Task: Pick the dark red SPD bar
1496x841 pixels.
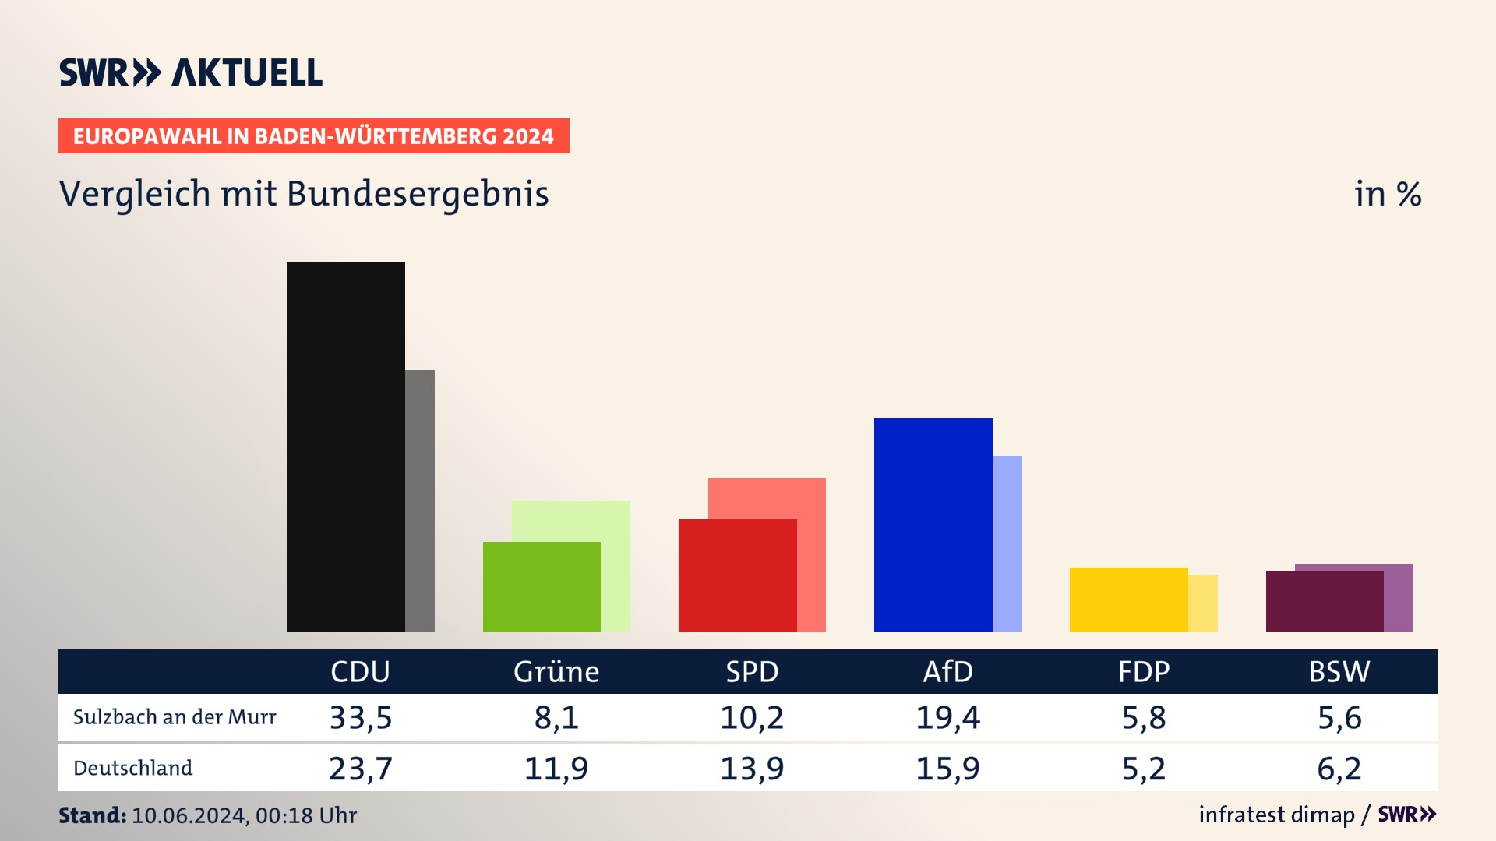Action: pyautogui.click(x=737, y=575)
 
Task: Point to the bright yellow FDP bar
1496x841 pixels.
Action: pyautogui.click(x=1128, y=600)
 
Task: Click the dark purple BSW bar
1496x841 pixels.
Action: pyautogui.click(x=1324, y=601)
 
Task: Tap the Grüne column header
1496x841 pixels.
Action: pyautogui.click(x=556, y=671)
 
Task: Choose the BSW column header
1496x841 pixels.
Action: pyautogui.click(x=1339, y=671)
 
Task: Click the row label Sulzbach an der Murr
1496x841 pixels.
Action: pyautogui.click(x=175, y=717)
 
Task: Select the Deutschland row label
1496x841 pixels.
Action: pyautogui.click(x=132, y=768)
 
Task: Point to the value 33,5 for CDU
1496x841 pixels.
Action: pyautogui.click(x=361, y=717)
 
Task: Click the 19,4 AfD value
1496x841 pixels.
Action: pyautogui.click(x=947, y=717)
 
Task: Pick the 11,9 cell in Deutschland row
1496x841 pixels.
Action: pyautogui.click(x=556, y=769)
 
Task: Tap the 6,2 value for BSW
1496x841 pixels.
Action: pyautogui.click(x=1339, y=769)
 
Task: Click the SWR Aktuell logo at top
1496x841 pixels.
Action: pyautogui.click(x=191, y=72)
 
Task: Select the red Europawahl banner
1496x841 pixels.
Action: pyautogui.click(x=313, y=136)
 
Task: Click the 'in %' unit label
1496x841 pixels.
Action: pyautogui.click(x=1388, y=194)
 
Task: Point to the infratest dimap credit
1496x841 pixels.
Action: pyautogui.click(x=1276, y=815)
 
